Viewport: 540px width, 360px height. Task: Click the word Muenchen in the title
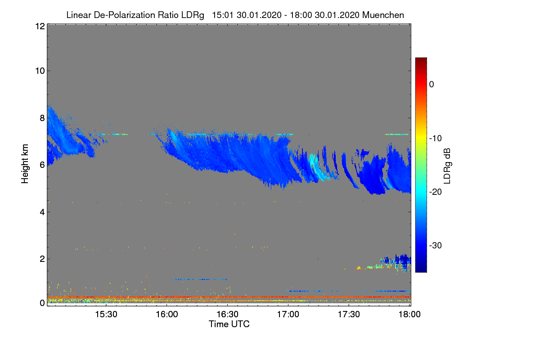pyautogui.click(x=383, y=15)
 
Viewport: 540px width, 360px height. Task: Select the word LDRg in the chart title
pyautogui.click(x=193, y=15)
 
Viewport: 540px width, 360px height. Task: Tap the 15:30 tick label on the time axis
pyautogui.click(x=106, y=314)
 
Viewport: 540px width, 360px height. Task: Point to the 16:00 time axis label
pyautogui.click(x=167, y=314)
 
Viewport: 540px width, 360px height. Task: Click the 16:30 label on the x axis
pyautogui.click(x=227, y=314)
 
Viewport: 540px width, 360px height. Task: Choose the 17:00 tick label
pyautogui.click(x=288, y=314)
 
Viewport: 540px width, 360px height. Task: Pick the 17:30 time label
pyautogui.click(x=349, y=314)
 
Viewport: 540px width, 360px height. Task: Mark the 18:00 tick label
pyautogui.click(x=409, y=314)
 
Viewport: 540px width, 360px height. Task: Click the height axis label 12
pyautogui.click(x=40, y=26)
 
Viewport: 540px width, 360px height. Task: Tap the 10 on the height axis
pyautogui.click(x=40, y=71)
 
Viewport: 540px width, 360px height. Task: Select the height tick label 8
pyautogui.click(x=42, y=118)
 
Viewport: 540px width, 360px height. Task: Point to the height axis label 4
pyautogui.click(x=42, y=212)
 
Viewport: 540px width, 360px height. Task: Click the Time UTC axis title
pyautogui.click(x=229, y=324)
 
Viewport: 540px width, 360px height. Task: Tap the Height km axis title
pyautogui.click(x=25, y=164)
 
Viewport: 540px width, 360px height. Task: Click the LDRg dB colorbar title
pyautogui.click(x=447, y=166)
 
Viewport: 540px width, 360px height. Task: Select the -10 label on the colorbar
pyautogui.click(x=436, y=139)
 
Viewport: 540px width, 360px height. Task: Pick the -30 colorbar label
pyautogui.click(x=436, y=245)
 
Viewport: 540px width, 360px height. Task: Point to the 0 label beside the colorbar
pyautogui.click(x=432, y=85)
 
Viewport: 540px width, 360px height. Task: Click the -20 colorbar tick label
pyautogui.click(x=436, y=192)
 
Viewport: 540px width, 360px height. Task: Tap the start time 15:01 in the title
pyautogui.click(x=223, y=15)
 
